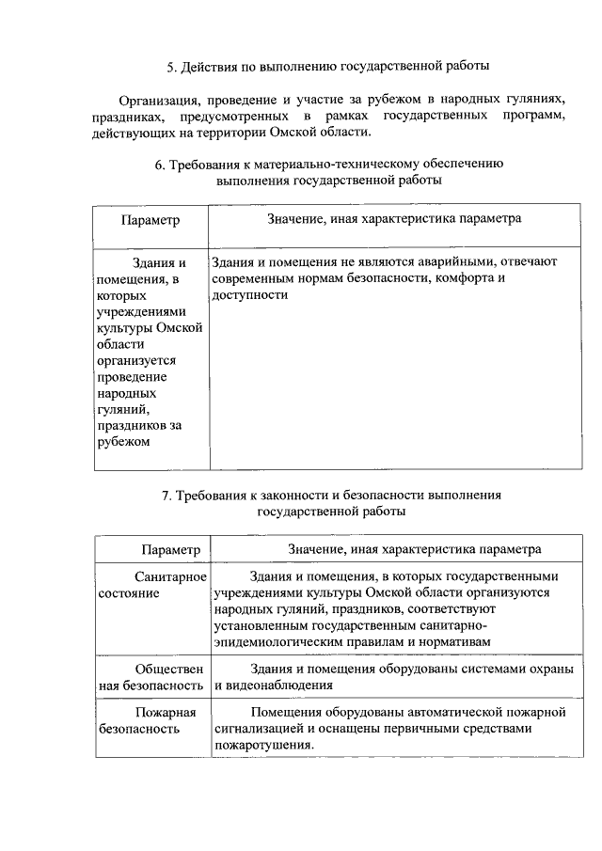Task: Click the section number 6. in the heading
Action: pos(161,164)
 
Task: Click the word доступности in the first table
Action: pos(249,294)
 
